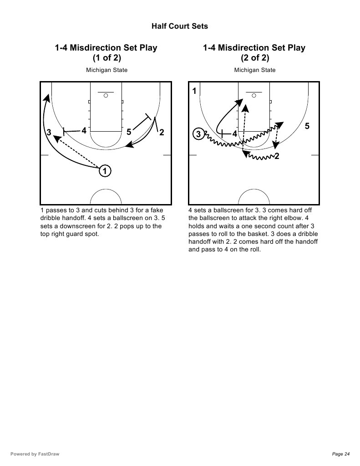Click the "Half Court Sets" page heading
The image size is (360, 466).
pyautogui.click(x=179, y=26)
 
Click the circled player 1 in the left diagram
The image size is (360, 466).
pyautogui.click(x=105, y=171)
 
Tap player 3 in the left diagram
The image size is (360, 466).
pyautogui.click(x=49, y=133)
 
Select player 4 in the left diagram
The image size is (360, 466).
pyautogui.click(x=84, y=131)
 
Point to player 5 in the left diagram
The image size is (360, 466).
pyautogui.click(x=129, y=132)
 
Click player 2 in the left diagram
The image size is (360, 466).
pyautogui.click(x=161, y=133)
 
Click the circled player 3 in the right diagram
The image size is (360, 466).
pyautogui.click(x=198, y=134)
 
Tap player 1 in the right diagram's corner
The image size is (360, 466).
pyautogui.click(x=194, y=91)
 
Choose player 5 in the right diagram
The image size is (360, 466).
pyautogui.click(x=307, y=126)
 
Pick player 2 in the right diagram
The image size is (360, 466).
pyautogui.click(x=277, y=157)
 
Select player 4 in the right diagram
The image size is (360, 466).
pyautogui.click(x=235, y=134)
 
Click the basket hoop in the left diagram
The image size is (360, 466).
pyautogui.click(x=106, y=95)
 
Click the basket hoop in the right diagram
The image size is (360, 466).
pyautogui.click(x=254, y=95)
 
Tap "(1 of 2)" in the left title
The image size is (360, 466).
pyautogui.click(x=106, y=58)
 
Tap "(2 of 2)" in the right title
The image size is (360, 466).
pyautogui.click(x=255, y=58)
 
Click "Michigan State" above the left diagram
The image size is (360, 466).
pyautogui.click(x=106, y=70)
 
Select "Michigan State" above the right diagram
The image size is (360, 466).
pyautogui.click(x=255, y=70)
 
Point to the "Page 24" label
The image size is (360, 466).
pyautogui.click(x=341, y=454)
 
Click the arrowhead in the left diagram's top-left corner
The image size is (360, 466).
pyautogui.click(x=46, y=97)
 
